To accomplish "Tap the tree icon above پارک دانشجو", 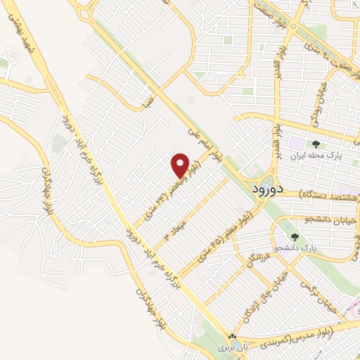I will point(295,238).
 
